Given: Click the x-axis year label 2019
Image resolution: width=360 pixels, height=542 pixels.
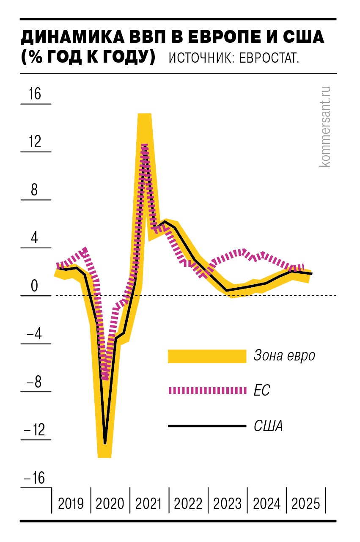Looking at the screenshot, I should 71,503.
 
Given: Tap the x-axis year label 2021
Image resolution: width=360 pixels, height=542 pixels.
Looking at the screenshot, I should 149,503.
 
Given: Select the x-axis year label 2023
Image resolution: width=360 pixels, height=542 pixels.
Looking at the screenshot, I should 228,503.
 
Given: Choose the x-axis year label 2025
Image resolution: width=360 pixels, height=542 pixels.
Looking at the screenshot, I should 306,503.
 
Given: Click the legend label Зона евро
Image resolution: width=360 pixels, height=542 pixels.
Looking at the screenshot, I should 284,355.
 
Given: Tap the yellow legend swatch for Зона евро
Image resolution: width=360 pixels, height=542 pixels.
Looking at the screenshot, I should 207,356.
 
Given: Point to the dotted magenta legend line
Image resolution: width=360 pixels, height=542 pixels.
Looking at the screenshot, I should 207,390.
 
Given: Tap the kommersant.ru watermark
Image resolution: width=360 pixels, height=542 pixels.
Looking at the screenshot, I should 325,126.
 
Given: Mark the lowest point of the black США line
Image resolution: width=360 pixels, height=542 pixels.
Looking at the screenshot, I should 105,443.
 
